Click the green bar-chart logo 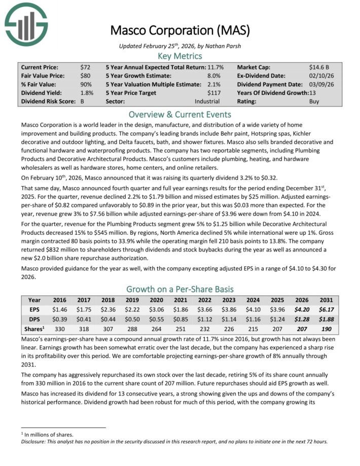(26, 23)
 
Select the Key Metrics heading (180, 56)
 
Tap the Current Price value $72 (86, 67)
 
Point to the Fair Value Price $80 (86, 76)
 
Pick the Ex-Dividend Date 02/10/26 (320, 76)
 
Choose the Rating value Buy (314, 101)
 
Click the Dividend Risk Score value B (83, 101)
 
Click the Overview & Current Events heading (180, 115)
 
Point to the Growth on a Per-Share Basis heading (180, 290)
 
